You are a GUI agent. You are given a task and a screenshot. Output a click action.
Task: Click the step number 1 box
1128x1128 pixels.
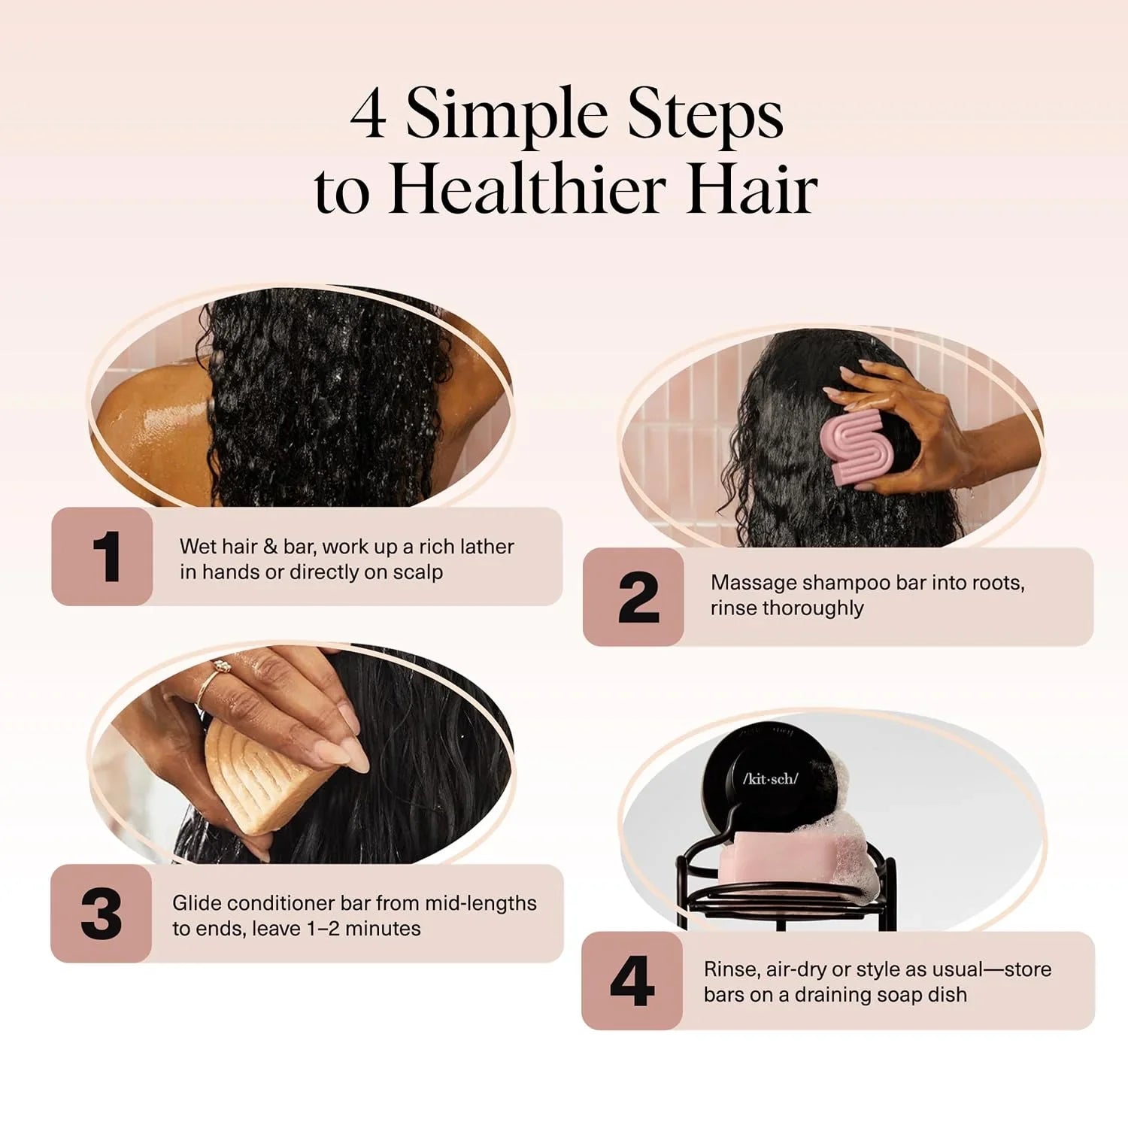point(102,556)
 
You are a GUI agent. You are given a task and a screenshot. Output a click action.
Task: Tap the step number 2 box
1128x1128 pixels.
point(633,596)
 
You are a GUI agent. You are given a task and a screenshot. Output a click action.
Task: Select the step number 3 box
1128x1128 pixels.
point(102,913)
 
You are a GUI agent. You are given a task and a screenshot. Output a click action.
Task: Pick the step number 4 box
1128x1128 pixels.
point(632,981)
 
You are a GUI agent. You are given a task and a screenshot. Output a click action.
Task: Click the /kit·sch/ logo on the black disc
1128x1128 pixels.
point(770,779)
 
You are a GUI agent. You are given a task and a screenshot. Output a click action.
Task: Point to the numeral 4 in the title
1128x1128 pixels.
point(369,114)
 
